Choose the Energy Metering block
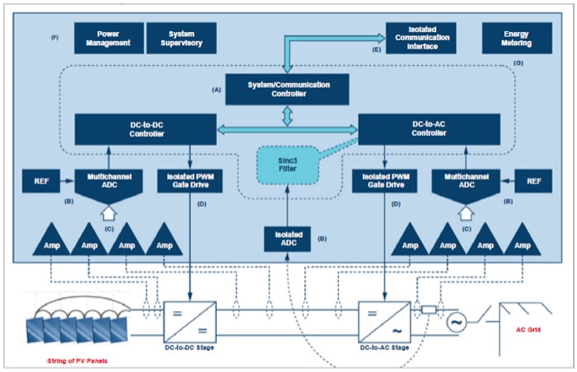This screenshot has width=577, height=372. (516, 36)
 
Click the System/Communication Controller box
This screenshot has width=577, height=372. (287, 88)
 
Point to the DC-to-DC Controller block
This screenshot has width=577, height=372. (146, 130)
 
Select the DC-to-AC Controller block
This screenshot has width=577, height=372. (429, 130)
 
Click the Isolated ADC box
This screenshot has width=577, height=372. (287, 238)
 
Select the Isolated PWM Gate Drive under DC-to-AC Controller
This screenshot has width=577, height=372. (382, 181)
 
